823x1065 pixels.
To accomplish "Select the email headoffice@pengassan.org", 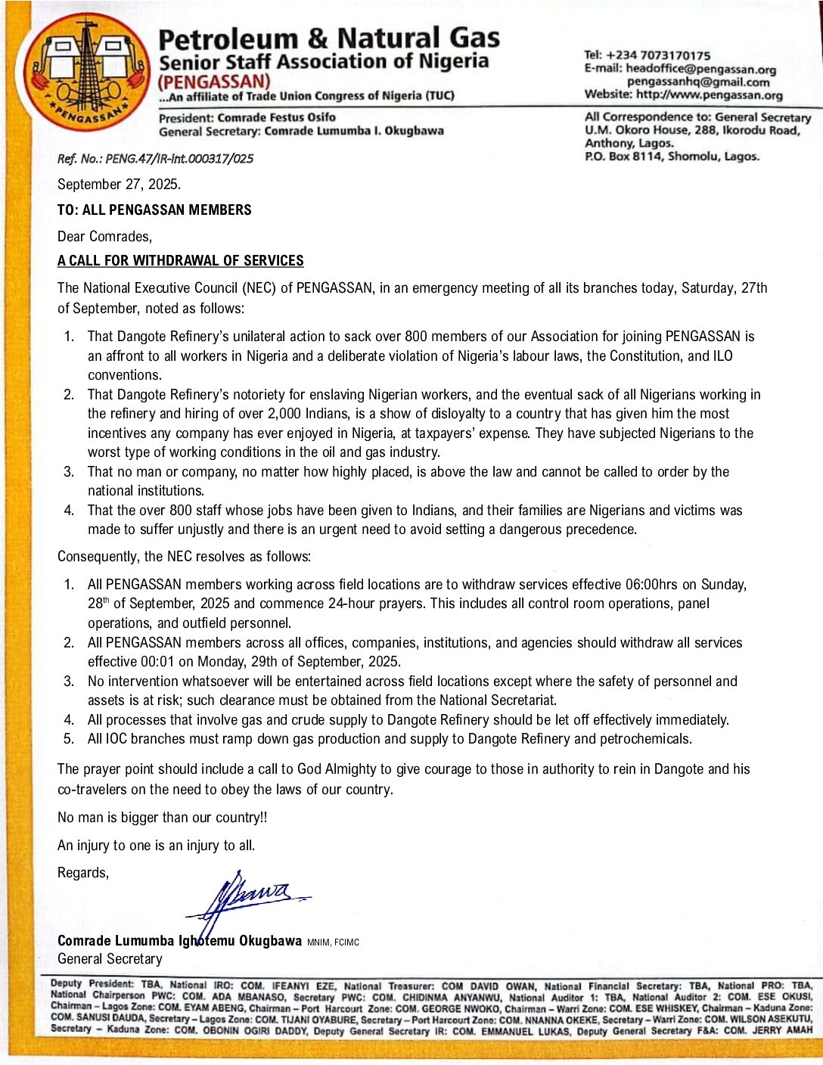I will click(701, 69).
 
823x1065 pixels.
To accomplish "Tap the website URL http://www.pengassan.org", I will click(709, 95).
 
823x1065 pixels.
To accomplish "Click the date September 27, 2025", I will click(119, 185).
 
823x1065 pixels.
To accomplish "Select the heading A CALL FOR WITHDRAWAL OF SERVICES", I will click(180, 261).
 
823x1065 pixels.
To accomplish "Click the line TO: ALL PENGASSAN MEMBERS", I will click(154, 210).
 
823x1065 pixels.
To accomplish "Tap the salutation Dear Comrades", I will click(104, 237).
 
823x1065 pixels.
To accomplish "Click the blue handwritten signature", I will click(250, 898).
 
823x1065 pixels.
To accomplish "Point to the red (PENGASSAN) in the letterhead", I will click(214, 82).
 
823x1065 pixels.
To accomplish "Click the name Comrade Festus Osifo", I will click(276, 117).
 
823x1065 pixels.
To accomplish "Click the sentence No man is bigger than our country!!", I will click(162, 818).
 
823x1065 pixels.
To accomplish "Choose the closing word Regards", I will click(83, 873).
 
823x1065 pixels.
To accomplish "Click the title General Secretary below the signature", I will click(110, 959).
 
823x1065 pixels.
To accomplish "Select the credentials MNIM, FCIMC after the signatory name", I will click(333, 942).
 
